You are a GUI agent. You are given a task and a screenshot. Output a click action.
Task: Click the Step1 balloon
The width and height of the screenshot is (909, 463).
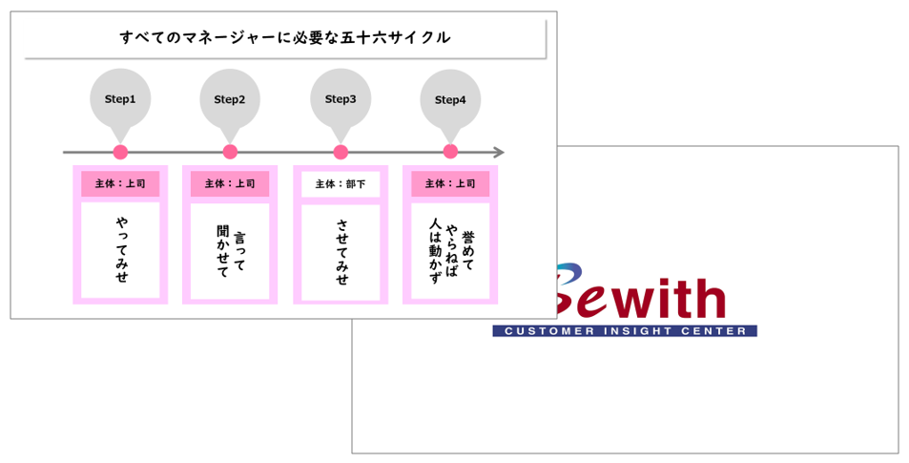tap(120, 101)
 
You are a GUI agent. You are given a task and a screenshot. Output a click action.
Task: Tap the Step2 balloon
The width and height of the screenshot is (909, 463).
tap(230, 101)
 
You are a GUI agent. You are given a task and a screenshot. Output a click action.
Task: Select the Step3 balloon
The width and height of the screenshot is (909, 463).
tap(341, 101)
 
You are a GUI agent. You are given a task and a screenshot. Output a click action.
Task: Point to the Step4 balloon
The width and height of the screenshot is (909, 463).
tap(450, 101)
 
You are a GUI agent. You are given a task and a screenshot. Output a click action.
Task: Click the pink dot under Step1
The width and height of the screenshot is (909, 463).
tap(120, 152)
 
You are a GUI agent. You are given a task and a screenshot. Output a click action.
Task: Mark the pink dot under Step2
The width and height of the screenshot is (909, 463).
tap(230, 152)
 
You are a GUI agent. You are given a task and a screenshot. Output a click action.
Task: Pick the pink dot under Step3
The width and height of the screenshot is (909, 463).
tap(341, 152)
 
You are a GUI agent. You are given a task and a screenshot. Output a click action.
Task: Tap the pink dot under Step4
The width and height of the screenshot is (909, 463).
tap(450, 152)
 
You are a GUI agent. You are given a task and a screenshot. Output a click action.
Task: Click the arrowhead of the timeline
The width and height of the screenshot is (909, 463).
tap(499, 153)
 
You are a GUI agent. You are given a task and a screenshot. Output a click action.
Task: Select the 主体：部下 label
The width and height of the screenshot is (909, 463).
tap(341, 184)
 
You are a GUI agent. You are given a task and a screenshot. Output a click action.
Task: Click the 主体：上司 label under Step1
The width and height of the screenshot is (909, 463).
tap(120, 183)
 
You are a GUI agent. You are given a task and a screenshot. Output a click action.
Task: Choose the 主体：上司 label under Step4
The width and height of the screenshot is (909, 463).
tap(450, 183)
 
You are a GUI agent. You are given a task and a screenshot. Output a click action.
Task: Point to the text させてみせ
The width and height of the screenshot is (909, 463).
tap(342, 251)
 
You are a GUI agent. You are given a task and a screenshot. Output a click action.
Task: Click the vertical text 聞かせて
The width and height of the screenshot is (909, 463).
tap(222, 251)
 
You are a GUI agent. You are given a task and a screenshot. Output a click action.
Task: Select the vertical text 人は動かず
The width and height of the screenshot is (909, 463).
tap(435, 251)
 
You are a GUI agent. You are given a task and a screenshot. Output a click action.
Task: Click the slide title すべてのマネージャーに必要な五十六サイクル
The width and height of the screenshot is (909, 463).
tap(284, 38)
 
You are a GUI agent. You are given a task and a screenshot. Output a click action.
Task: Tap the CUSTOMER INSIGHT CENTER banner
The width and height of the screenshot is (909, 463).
tap(625, 330)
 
